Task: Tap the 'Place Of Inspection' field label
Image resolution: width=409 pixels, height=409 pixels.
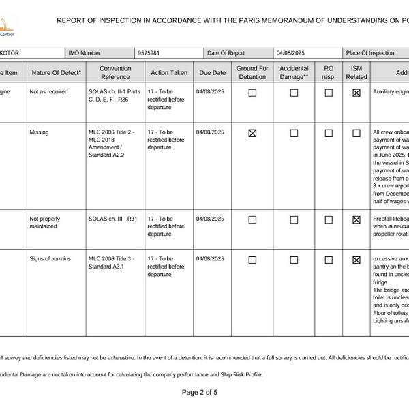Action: [370, 52]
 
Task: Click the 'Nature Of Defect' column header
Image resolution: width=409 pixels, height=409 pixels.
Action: [56, 72]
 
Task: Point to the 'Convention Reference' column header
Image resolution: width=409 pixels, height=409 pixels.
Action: [115, 72]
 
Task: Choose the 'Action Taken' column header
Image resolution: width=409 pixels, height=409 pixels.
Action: [169, 72]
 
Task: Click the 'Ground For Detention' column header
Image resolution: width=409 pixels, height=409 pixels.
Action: [252, 72]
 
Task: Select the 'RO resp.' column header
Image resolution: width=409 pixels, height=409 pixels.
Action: [329, 72]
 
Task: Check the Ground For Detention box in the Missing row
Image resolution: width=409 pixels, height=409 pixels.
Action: [252, 133]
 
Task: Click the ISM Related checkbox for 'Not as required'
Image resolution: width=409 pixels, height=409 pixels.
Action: [357, 93]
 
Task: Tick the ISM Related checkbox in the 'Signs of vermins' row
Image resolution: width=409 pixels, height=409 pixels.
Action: [357, 260]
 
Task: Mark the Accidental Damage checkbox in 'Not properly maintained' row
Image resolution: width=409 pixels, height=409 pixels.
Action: [294, 220]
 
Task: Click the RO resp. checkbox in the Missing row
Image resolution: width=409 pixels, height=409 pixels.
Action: [329, 133]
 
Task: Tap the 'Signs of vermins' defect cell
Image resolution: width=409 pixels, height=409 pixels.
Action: [50, 259]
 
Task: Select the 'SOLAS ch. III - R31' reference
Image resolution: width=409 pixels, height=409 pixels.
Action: [113, 219]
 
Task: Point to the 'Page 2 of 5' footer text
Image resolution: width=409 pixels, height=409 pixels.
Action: [200, 392]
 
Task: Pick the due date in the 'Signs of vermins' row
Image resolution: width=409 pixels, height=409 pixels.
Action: [210, 259]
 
